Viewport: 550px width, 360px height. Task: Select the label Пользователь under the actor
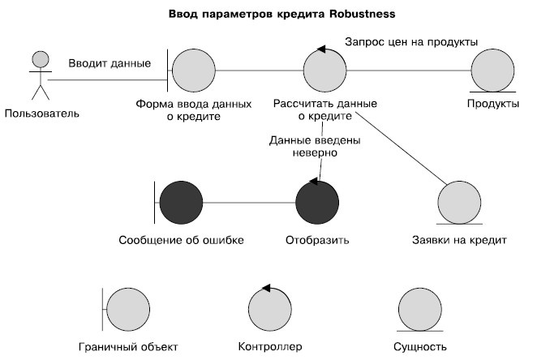click(x=42, y=112)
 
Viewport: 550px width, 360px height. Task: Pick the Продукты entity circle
click(x=493, y=71)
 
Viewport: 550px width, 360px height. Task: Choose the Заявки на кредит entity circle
click(x=460, y=200)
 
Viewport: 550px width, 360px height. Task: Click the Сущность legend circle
click(x=421, y=309)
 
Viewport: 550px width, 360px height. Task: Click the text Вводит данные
click(x=109, y=63)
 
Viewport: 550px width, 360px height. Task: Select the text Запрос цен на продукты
click(x=411, y=41)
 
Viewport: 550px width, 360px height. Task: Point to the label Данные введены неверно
click(x=303, y=146)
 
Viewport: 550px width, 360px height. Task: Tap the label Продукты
click(x=493, y=104)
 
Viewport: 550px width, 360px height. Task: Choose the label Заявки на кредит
click(x=460, y=240)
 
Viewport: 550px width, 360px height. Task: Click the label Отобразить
click(x=317, y=240)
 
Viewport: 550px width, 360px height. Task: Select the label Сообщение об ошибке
click(x=181, y=240)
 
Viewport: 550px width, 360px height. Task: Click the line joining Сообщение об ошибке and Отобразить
click(x=249, y=202)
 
